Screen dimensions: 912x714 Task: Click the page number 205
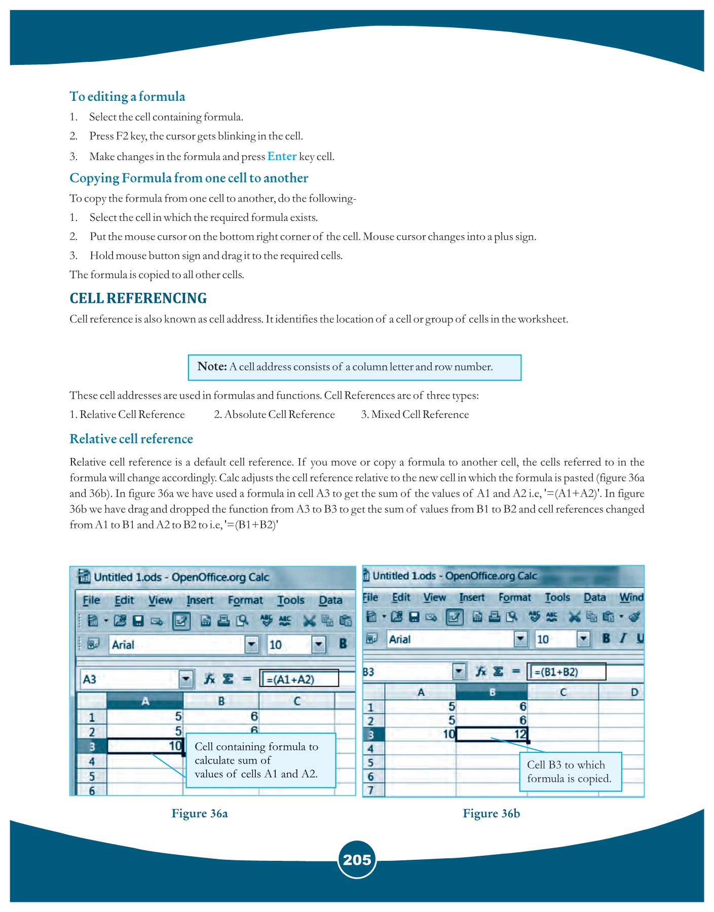(357, 859)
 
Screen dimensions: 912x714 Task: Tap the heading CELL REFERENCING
(138, 298)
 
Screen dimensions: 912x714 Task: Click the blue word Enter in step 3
(282, 157)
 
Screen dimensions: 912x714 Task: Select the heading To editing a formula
(127, 97)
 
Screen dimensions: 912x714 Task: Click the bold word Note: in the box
(212, 367)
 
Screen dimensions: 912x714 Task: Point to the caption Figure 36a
(200, 814)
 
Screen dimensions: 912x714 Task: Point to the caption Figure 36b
(491, 814)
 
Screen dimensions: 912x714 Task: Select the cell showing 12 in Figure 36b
(492, 734)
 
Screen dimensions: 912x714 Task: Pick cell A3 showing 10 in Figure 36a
(145, 746)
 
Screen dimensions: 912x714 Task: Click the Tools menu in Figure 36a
(291, 600)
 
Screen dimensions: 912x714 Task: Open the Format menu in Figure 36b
(514, 598)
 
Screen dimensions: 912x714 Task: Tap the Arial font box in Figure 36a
(177, 644)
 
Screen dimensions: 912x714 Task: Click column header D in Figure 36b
(633, 692)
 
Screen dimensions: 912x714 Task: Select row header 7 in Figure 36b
(371, 790)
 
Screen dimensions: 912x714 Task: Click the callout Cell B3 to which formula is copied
(570, 772)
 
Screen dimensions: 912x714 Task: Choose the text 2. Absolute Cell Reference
(274, 414)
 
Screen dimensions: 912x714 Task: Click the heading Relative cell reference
(131, 439)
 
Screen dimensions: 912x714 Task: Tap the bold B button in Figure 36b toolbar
(606, 638)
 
